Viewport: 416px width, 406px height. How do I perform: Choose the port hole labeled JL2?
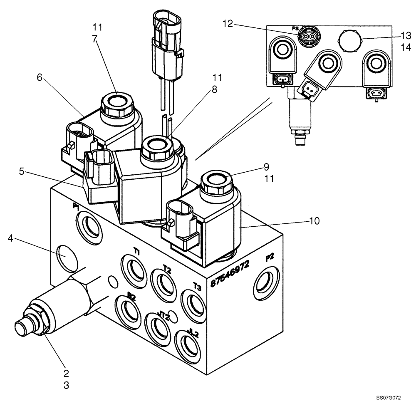[x=186, y=344]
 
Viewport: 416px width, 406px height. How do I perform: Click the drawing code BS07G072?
[x=389, y=398]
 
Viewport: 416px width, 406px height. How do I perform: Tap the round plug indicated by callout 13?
[x=350, y=41]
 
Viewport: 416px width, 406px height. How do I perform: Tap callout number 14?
[x=406, y=48]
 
